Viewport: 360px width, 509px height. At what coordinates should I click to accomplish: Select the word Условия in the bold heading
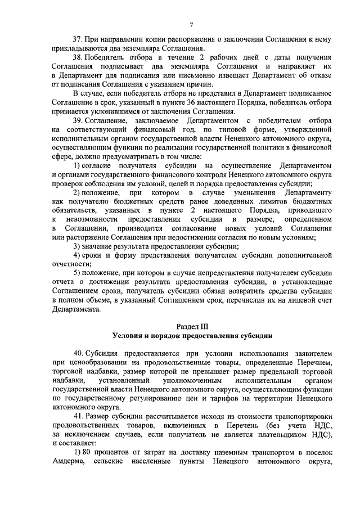click(128, 336)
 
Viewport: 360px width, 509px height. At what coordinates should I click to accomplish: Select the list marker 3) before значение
click(78, 244)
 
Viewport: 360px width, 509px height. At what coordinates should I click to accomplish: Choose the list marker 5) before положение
click(78, 271)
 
